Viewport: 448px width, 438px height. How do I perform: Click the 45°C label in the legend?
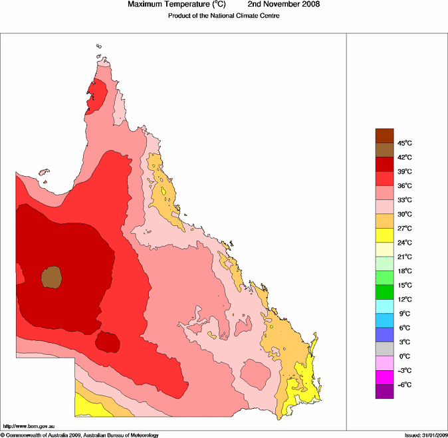pyautogui.click(x=405, y=143)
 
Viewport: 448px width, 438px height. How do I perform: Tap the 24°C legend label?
pyautogui.click(x=405, y=243)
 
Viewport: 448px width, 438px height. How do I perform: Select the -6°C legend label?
pyautogui.click(x=405, y=385)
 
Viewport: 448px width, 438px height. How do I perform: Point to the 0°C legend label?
pyautogui.click(x=405, y=356)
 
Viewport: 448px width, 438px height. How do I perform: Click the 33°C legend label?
pyautogui.click(x=405, y=200)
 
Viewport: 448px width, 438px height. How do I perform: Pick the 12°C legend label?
pyautogui.click(x=405, y=299)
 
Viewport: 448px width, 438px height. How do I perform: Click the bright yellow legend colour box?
pyautogui.click(x=385, y=235)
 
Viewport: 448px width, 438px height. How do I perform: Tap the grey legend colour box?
pyautogui.click(x=385, y=349)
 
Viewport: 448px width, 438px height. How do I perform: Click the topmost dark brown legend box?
pyautogui.click(x=385, y=136)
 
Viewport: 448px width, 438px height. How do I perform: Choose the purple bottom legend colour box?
pyautogui.click(x=385, y=391)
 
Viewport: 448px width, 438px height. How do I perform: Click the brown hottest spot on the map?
pyautogui.click(x=51, y=276)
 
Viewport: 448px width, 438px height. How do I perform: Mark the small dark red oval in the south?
pyautogui.click(x=106, y=342)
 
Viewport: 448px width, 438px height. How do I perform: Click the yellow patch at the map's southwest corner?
pyautogui.click(x=86, y=403)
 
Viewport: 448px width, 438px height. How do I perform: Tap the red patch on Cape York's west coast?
pyautogui.click(x=96, y=94)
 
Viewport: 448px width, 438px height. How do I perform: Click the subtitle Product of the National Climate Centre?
pyautogui.click(x=223, y=15)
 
